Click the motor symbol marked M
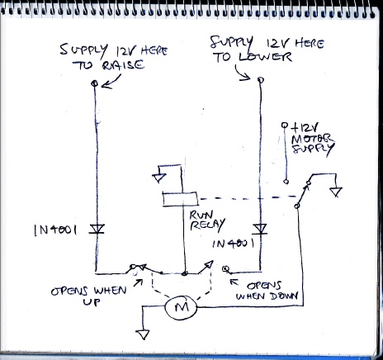pos(181,307)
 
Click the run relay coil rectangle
pos(180,199)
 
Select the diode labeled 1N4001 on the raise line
pos(97,229)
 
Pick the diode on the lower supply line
pos(260,229)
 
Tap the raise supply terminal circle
pos(94,83)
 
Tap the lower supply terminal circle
pos(261,80)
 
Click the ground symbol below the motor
pos(144,334)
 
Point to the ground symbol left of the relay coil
pos(159,178)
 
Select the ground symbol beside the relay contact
pos(336,192)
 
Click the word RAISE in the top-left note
pos(123,65)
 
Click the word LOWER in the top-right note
pos(265,57)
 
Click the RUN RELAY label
pos(207,220)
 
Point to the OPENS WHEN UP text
pos(89,296)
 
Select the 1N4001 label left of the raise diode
pos(55,230)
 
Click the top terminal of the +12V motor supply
pos(285,126)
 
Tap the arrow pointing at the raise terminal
pos(111,83)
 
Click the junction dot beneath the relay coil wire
pos(185,273)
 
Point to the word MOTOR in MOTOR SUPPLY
pos(312,139)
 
